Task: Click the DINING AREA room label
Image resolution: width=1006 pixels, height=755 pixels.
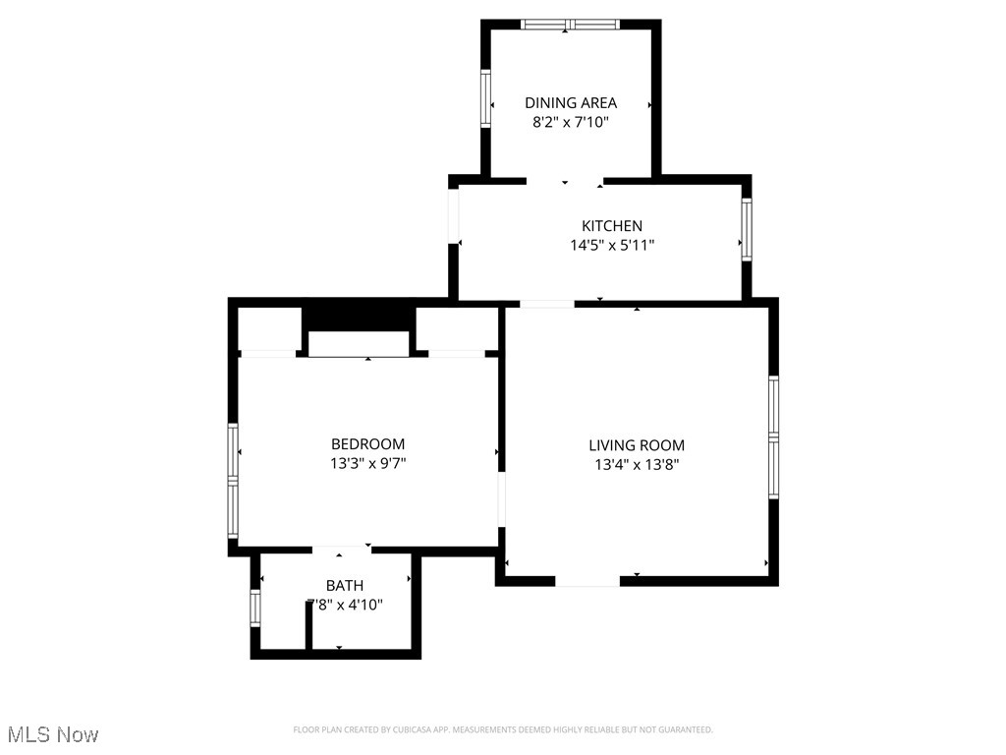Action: point(570,102)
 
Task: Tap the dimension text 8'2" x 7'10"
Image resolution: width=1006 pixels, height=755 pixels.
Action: point(570,123)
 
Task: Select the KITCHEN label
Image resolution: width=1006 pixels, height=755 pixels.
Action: point(611,226)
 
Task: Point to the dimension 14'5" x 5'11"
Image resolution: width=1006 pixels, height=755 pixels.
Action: point(611,246)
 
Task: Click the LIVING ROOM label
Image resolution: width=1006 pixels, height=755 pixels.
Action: point(636,445)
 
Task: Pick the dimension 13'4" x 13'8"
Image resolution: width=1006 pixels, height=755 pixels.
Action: point(636,465)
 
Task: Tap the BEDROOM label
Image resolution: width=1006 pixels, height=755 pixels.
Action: point(367,444)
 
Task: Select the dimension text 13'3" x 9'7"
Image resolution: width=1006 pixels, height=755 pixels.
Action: point(367,464)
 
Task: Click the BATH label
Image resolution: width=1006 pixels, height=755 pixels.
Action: point(344,586)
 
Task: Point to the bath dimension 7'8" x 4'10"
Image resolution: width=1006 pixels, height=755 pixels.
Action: point(344,606)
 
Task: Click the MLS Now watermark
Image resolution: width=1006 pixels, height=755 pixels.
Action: point(53,734)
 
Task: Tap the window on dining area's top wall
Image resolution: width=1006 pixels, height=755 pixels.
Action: point(570,25)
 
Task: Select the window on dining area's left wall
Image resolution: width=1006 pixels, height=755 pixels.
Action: point(484,98)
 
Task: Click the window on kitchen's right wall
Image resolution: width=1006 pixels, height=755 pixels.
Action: point(746,229)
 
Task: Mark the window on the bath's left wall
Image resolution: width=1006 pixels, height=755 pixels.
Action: point(255,608)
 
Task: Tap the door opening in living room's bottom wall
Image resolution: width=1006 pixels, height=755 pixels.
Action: point(587,581)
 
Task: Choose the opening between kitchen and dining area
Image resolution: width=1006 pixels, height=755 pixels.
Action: point(565,181)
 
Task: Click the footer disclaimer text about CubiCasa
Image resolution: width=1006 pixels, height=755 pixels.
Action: point(503,729)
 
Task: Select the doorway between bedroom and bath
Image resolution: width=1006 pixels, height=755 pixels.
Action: point(340,548)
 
